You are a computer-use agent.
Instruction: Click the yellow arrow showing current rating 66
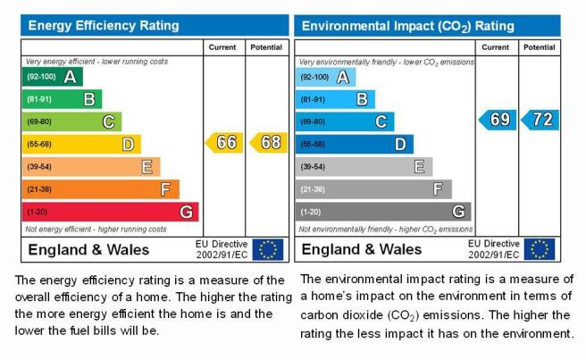[224, 142]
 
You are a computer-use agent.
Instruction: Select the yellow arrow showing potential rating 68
[269, 142]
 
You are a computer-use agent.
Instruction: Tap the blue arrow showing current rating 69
[498, 120]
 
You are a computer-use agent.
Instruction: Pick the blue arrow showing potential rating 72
[540, 120]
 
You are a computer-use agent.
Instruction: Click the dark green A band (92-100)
[53, 77]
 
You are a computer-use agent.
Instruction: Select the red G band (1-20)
[110, 212]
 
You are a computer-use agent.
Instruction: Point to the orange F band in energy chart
[101, 189]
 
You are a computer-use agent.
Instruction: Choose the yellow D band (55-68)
[81, 144]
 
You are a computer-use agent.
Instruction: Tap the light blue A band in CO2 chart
[325, 77]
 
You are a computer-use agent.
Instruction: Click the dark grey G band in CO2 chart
[383, 212]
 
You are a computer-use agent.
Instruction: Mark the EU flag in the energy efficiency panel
[268, 249]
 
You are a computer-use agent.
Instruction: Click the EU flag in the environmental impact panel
[540, 249]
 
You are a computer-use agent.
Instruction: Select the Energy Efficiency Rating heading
[104, 25]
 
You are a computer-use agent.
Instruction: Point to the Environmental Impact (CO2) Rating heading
[407, 26]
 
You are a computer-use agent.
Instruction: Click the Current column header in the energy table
[222, 47]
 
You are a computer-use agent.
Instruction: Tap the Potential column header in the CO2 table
[539, 47]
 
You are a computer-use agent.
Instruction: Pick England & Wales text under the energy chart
[88, 250]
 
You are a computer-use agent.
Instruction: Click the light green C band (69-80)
[71, 121]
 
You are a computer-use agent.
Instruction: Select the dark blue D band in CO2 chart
[355, 144]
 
